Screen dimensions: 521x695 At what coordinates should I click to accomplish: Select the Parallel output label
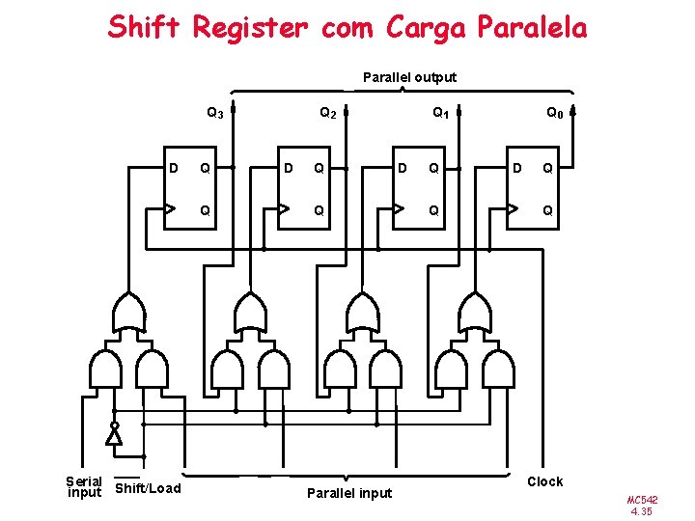click(x=409, y=77)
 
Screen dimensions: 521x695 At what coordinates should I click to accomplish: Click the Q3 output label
click(x=215, y=114)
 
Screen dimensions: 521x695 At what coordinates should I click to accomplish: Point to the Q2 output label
click(x=328, y=114)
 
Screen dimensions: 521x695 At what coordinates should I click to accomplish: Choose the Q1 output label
click(x=440, y=114)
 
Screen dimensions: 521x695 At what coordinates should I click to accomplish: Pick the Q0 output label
click(x=554, y=114)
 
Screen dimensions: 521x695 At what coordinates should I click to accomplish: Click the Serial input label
click(x=84, y=486)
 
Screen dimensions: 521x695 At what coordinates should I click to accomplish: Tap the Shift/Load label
click(x=148, y=488)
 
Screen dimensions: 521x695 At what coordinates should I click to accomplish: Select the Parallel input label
click(x=348, y=493)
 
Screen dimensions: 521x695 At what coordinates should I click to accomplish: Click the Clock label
click(x=544, y=481)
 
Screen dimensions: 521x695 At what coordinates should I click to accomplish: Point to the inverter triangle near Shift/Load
click(x=114, y=436)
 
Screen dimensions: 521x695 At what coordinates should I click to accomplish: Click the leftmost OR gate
click(x=130, y=311)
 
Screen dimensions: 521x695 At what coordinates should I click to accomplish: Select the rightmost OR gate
click(x=474, y=311)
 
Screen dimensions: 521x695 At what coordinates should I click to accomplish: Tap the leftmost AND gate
click(x=104, y=368)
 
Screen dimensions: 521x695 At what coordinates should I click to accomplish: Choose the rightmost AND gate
click(x=498, y=368)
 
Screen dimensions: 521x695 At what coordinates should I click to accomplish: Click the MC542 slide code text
click(x=642, y=501)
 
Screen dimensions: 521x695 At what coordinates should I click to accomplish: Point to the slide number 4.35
click(x=642, y=512)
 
